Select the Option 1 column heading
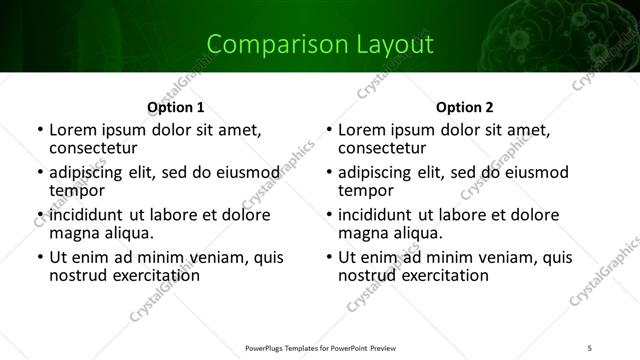pos(176,107)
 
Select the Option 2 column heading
pos(465,107)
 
